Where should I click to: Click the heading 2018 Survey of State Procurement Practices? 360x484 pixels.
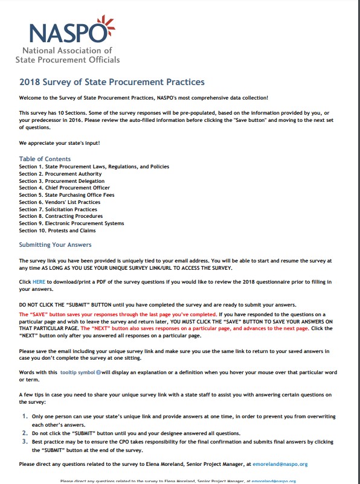(x=112, y=82)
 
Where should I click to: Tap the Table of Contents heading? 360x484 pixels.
(x=45, y=159)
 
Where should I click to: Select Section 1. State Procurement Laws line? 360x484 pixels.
(x=94, y=167)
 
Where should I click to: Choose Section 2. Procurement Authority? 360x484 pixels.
(x=60, y=174)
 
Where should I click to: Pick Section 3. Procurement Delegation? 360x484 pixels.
(x=62, y=181)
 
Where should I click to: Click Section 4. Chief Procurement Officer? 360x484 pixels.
(x=65, y=188)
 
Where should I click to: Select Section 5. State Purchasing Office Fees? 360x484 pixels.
(x=68, y=195)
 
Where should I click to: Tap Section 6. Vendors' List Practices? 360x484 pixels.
(x=60, y=202)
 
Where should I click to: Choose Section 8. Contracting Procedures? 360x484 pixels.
(x=61, y=216)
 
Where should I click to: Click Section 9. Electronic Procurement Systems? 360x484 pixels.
(x=71, y=223)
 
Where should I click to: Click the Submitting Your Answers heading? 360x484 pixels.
(x=55, y=244)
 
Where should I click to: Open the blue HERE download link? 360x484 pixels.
(x=39, y=282)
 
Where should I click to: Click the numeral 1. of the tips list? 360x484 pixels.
(x=25, y=416)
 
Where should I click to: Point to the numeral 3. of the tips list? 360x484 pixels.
(x=25, y=441)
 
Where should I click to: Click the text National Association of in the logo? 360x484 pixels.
(x=67, y=51)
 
